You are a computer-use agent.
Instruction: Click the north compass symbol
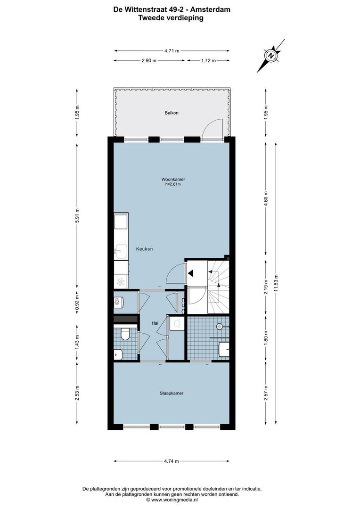tap(271, 56)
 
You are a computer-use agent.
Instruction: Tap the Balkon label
tap(172, 113)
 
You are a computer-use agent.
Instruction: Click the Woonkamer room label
tap(172, 179)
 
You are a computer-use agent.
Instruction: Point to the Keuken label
tap(144, 249)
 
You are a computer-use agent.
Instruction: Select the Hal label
tap(155, 323)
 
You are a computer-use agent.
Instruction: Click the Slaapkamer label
tap(171, 393)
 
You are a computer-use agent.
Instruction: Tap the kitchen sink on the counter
tap(121, 251)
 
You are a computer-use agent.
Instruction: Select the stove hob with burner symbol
tap(121, 282)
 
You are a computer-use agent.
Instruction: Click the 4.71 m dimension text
tap(172, 51)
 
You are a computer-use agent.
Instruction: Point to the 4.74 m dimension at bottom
tap(172, 461)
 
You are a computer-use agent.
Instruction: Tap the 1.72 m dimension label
tap(208, 60)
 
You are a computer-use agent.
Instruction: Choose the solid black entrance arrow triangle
tap(190, 273)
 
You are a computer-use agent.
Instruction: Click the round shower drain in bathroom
tap(220, 326)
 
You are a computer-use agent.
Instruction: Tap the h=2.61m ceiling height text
tap(172, 184)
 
